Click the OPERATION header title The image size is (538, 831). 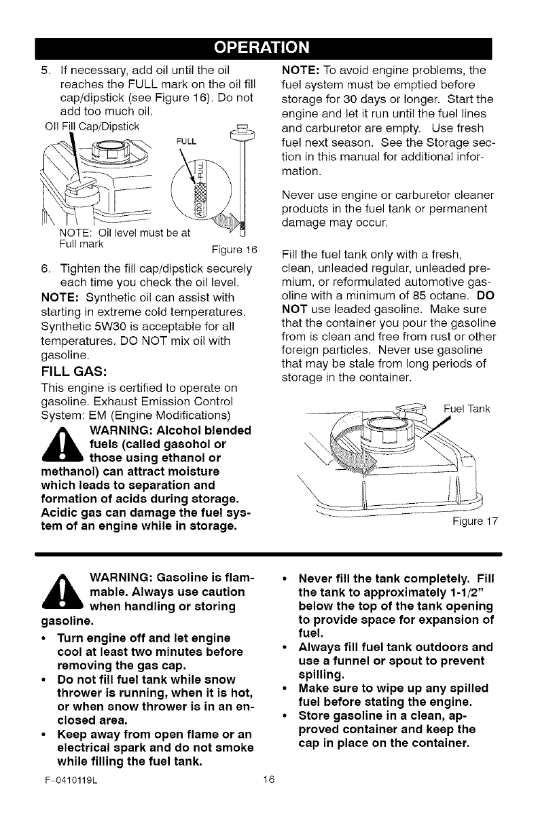pos(269,48)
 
